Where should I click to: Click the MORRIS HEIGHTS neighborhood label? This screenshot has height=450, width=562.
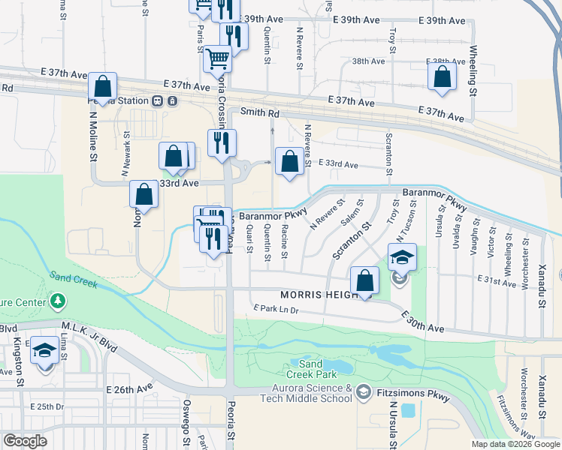coord(322,295)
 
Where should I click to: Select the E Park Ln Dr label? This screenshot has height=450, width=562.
coord(276,309)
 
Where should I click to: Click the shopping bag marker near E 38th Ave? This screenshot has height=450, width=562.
coord(442,76)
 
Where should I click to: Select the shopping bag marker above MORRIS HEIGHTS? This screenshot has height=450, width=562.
coord(364,280)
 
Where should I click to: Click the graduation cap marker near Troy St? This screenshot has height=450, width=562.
coord(402,257)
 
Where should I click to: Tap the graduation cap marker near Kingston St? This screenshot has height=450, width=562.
coord(44,351)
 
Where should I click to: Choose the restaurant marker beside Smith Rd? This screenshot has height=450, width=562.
coord(222,142)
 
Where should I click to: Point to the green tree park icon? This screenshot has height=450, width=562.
coord(58,301)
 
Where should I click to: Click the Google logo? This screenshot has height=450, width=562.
coord(26,441)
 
